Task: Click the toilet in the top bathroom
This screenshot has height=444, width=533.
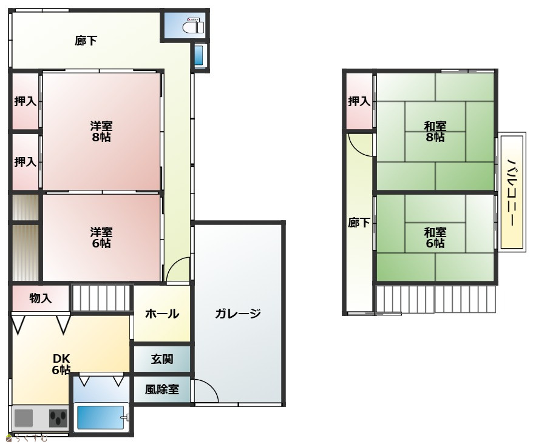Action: (x=193, y=25)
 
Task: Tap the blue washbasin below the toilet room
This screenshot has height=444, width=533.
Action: (x=199, y=55)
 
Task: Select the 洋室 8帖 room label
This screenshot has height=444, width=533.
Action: (x=101, y=132)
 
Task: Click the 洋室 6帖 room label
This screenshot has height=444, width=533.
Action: (x=101, y=238)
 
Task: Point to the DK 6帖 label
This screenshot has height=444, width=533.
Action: (x=61, y=364)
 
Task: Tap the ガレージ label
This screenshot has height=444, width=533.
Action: (x=237, y=313)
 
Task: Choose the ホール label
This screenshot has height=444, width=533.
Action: (x=162, y=314)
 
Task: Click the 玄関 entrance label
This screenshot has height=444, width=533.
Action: (x=162, y=359)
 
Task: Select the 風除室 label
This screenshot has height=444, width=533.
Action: (x=162, y=389)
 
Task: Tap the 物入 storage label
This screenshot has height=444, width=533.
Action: (x=41, y=298)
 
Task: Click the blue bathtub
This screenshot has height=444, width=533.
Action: (x=101, y=417)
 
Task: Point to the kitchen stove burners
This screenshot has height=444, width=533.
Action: (x=58, y=417)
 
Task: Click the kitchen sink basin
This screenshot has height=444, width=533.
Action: (x=24, y=417)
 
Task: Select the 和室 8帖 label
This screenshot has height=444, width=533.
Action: (x=435, y=132)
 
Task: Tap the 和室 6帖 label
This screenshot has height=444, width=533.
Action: (x=435, y=238)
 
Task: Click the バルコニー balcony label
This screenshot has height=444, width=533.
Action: (x=511, y=192)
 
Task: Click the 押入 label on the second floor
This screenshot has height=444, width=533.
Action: (x=359, y=101)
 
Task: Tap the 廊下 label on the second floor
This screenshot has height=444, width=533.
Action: (x=359, y=223)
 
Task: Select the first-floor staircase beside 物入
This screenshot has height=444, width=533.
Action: (x=101, y=298)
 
